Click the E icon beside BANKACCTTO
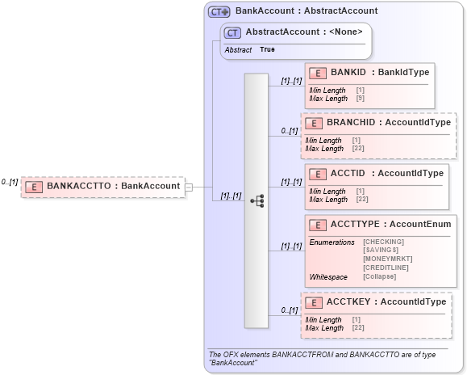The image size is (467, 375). tap(34, 187)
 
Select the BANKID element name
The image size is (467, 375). tap(348, 72)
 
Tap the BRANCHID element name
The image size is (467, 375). tap(351, 122)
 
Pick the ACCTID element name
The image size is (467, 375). tap(348, 173)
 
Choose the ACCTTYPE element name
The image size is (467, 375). tap(355, 224)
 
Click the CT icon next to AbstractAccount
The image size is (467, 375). tap(233, 32)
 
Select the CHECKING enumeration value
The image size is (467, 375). tap(383, 242)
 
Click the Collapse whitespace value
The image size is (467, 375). tap(379, 276)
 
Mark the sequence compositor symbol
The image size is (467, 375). tap(256, 200)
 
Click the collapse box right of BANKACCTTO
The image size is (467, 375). tap(189, 187)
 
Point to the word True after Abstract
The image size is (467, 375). tap(267, 50)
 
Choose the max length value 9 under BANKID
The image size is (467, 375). tap(360, 98)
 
